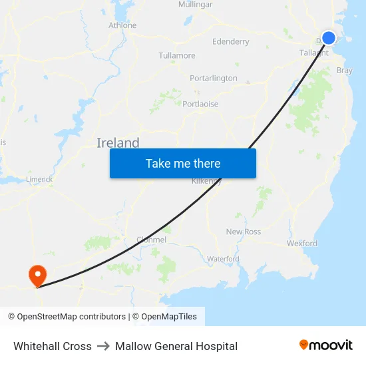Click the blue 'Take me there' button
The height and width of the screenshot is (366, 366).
(x=183, y=163)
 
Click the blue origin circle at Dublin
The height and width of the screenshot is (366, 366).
(x=329, y=38)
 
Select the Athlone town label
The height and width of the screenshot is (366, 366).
(x=122, y=25)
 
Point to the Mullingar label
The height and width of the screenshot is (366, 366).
(x=195, y=5)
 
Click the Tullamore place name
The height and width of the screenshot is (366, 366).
(x=177, y=55)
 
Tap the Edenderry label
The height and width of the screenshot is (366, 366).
(x=230, y=41)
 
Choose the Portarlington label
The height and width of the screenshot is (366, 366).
(x=213, y=78)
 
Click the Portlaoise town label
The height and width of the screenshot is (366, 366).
(x=200, y=104)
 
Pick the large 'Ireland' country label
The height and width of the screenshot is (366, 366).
(x=118, y=142)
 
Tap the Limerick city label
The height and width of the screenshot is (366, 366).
(x=39, y=179)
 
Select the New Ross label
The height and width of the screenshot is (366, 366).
(x=244, y=232)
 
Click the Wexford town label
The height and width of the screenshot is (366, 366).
(x=302, y=244)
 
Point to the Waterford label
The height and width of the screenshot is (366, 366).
(x=223, y=258)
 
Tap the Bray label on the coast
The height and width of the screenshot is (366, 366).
(x=345, y=70)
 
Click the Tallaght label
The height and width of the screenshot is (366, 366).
(x=313, y=53)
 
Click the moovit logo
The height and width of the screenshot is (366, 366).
(x=326, y=345)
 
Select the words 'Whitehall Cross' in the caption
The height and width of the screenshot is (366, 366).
(x=53, y=346)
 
